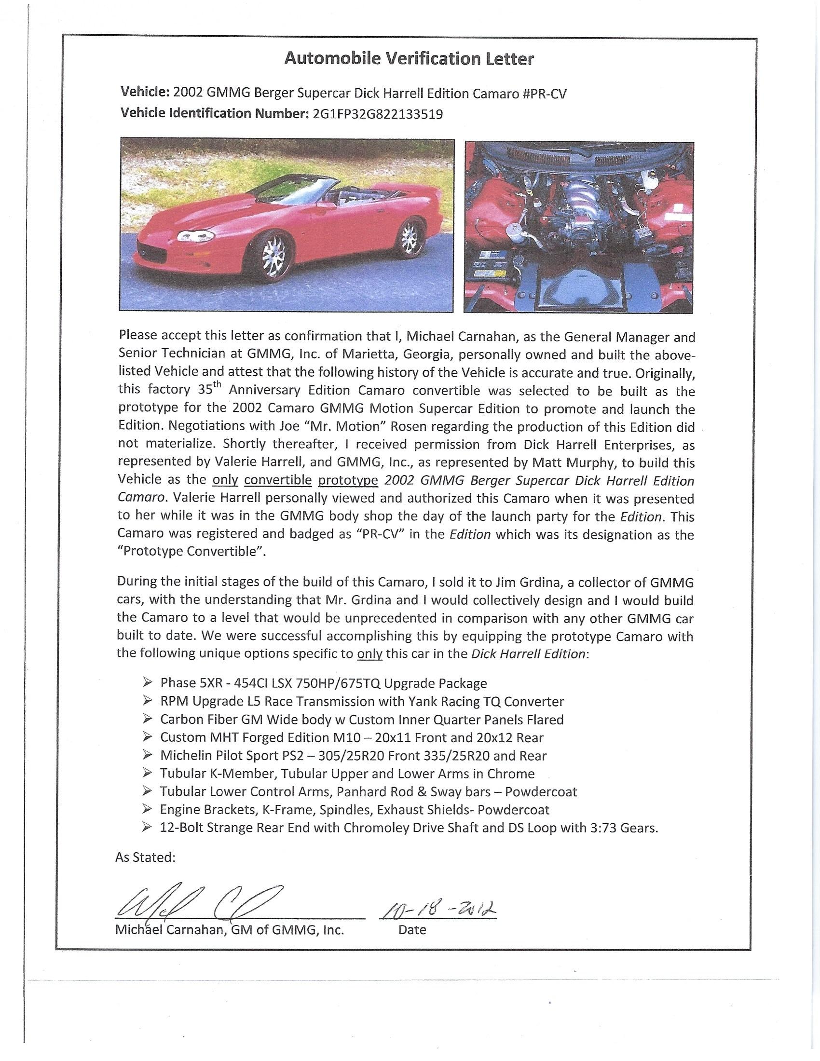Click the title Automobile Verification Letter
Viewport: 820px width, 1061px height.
(x=409, y=59)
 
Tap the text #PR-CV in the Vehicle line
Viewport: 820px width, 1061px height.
(x=545, y=94)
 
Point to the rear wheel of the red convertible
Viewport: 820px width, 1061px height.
(x=408, y=237)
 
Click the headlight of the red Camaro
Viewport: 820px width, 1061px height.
(x=195, y=237)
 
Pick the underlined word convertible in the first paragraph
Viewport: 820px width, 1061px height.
(x=277, y=480)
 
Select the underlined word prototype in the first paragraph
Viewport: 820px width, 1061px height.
(x=348, y=480)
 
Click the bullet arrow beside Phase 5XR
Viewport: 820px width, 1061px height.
(x=147, y=683)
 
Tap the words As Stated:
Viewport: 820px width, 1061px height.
(x=145, y=857)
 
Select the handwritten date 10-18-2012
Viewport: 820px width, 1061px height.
(x=437, y=908)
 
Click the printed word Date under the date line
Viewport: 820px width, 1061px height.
(x=412, y=930)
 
